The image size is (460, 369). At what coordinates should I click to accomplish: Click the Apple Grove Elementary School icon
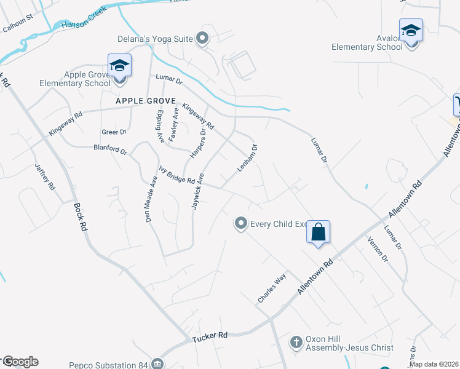coord(119,65)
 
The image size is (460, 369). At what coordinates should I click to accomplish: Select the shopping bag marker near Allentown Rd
coord(319,232)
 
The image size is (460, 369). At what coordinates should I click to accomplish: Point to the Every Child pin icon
coord(242,223)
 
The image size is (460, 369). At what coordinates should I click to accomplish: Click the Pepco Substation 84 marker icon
coord(158,364)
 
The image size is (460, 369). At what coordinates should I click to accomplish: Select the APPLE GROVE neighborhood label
coord(145,100)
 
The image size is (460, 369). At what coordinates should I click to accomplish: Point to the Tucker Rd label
coord(210,336)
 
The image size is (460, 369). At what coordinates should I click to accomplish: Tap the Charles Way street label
coord(272,288)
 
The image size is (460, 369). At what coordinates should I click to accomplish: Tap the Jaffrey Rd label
coord(45,176)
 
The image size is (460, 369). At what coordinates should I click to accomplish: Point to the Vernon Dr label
coord(378,249)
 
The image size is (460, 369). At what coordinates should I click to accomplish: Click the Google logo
coord(20,362)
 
